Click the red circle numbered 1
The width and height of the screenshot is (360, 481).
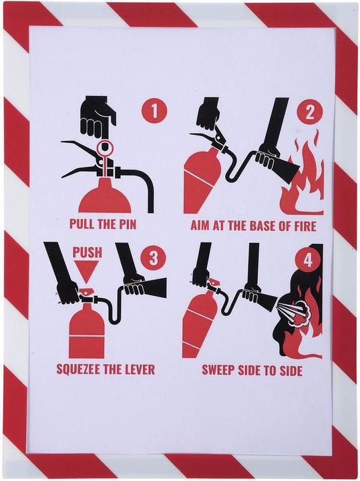(x=154, y=111)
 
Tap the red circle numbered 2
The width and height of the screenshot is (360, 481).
(x=310, y=112)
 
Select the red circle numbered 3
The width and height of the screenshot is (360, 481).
(x=153, y=258)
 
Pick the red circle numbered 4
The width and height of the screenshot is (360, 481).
(x=307, y=261)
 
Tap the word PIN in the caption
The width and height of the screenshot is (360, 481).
(x=126, y=224)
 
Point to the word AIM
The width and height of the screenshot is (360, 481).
(x=200, y=226)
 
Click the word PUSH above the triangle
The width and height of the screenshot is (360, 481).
(x=87, y=252)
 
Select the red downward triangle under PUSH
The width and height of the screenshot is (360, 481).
(x=86, y=269)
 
